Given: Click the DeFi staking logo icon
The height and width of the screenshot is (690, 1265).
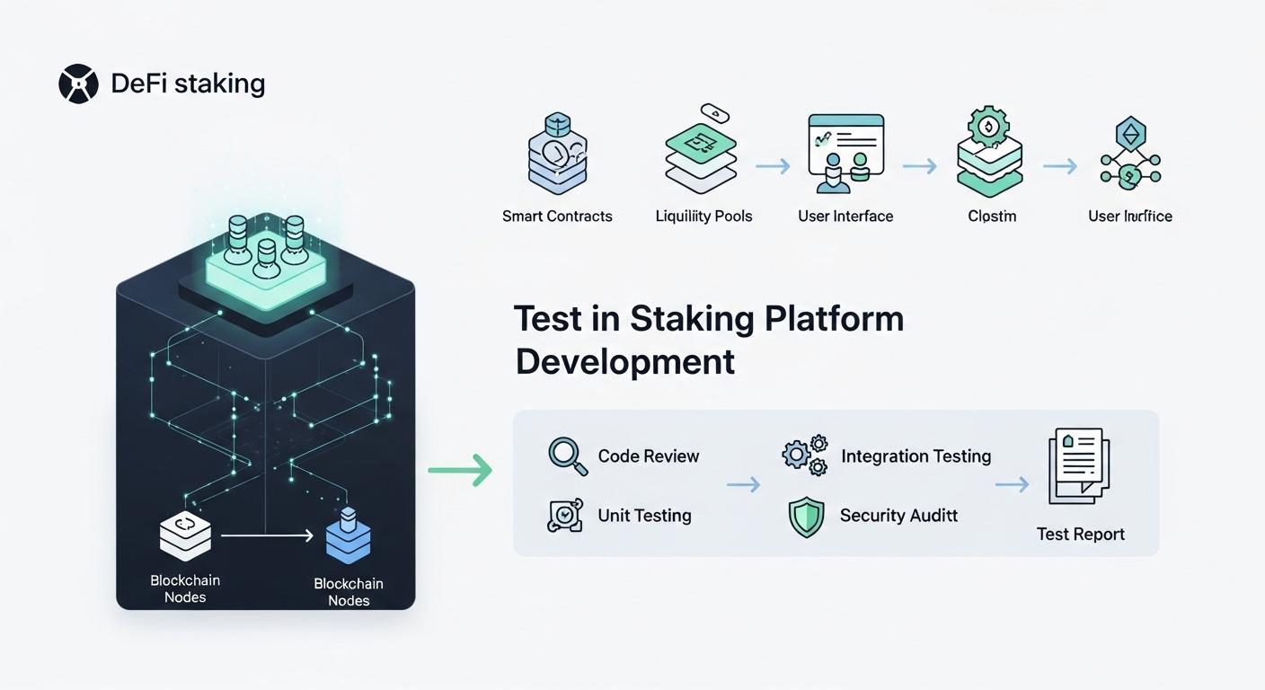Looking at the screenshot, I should pos(78,84).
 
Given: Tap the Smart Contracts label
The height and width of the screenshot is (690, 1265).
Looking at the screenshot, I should pos(557,217).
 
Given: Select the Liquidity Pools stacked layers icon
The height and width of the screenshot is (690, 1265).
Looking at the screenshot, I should pos(701,153).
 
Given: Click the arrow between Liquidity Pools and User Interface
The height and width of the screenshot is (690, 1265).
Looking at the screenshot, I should pos(773,166).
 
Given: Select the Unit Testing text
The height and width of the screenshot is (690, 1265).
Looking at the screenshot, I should pos(644,516).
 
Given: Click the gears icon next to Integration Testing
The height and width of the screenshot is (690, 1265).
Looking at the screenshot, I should pos(805,456).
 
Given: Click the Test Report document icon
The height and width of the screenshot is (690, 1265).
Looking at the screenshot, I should pos(1079,467).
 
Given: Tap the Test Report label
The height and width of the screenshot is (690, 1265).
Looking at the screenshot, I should pos(1080,535).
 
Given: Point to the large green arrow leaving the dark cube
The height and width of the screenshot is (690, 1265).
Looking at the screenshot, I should pos(460,470).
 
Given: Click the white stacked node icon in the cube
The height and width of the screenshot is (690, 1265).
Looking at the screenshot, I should pos(185,535).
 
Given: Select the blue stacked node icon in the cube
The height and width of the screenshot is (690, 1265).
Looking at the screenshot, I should pos(349,537).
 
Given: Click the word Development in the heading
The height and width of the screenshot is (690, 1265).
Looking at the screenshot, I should pos(625,361).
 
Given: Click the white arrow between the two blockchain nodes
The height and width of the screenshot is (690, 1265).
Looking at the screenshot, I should pos(267,535).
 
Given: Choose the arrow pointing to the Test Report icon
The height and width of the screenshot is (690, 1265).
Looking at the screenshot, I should pos(1012,485).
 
